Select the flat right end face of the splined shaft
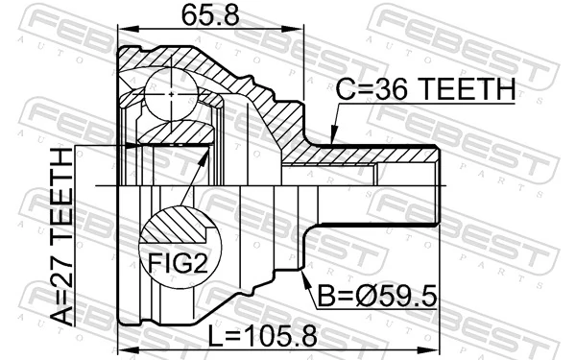pyautogui.click(x=440, y=184)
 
